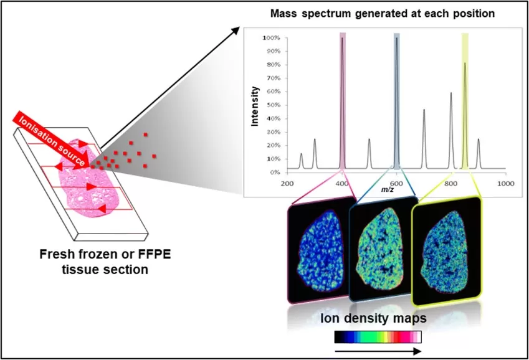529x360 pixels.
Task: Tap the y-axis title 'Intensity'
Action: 255,105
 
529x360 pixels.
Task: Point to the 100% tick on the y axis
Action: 270,38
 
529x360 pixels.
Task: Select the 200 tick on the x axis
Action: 287,184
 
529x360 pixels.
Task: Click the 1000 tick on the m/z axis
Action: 505,184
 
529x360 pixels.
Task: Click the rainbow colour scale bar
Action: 378,337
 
